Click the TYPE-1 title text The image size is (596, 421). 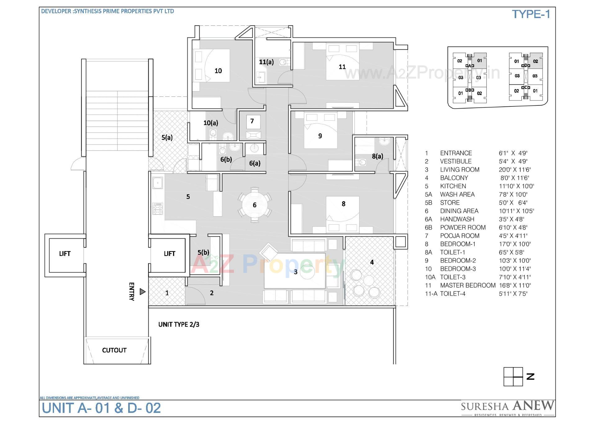click(531, 14)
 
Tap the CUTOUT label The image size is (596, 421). click(114, 350)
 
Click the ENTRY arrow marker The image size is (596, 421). click(142, 292)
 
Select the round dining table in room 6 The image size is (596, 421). click(255, 205)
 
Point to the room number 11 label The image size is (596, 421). click(342, 67)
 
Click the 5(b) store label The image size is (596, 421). click(203, 253)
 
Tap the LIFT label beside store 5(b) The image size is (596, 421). click(169, 254)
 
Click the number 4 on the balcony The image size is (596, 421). click(372, 262)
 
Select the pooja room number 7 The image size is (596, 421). click(252, 121)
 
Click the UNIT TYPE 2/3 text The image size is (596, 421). click(179, 325)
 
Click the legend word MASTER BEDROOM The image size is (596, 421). click(467, 285)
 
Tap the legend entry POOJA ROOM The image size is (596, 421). click(459, 236)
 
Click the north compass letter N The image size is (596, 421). click(530, 377)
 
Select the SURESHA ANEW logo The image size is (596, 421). click(507, 407)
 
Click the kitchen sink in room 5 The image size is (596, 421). click(158, 183)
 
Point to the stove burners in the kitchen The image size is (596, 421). click(158, 208)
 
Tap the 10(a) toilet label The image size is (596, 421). click(211, 123)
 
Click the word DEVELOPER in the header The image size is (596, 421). click(56, 11)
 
